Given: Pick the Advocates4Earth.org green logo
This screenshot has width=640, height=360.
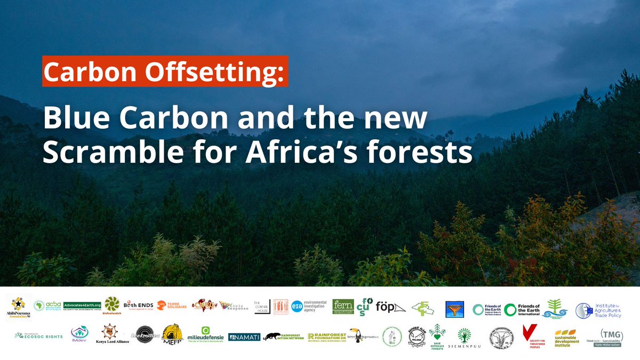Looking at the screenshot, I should (x=82, y=306).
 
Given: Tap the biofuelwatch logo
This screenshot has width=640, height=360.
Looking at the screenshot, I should (x=113, y=307).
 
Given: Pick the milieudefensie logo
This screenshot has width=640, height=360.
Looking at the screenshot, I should (x=205, y=336).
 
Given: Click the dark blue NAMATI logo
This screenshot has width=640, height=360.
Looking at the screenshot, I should (x=243, y=337).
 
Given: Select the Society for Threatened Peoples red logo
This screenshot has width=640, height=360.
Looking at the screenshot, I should (x=530, y=337).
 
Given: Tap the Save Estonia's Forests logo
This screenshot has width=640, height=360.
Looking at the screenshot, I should (x=437, y=337).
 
